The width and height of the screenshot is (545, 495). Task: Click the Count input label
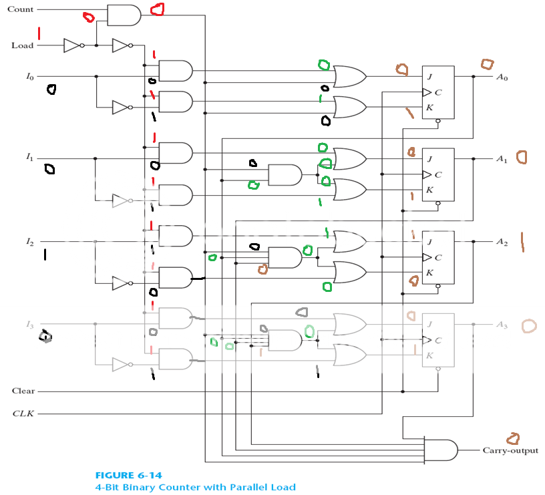20,9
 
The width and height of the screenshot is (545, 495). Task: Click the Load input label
22,45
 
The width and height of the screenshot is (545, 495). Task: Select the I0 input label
29,77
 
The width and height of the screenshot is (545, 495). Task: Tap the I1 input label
29,158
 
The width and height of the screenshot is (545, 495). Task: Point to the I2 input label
29,240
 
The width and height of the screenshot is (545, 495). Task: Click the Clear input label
23,391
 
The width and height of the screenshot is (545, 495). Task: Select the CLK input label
23,414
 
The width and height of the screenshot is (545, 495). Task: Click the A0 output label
502,77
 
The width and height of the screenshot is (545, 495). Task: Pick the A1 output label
502,159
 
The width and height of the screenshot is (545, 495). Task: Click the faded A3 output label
502,325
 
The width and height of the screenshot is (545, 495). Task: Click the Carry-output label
510,450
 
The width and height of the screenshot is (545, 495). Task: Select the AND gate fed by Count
124,15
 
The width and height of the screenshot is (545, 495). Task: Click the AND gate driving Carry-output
441,450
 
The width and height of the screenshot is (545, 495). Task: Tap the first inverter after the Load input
72,45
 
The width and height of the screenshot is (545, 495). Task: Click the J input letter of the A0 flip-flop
429,76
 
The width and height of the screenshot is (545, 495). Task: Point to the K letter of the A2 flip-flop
429,273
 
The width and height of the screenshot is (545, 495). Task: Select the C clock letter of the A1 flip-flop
438,175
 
